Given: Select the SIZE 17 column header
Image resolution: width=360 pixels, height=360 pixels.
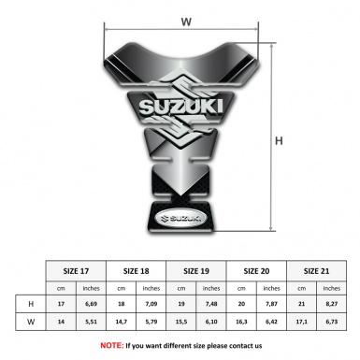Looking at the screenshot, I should [x=77, y=270].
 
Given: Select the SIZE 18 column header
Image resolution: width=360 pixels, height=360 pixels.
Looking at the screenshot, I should [x=137, y=270].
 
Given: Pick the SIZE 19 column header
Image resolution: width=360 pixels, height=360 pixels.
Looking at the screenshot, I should [x=198, y=270].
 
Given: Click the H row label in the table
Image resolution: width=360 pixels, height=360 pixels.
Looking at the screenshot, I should [x=32, y=305].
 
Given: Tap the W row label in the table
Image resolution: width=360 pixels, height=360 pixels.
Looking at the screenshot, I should [x=32, y=324].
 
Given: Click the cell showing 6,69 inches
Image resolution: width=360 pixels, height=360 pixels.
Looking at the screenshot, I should [x=92, y=305].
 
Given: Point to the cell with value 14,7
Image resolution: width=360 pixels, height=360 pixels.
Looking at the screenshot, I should [x=122, y=324].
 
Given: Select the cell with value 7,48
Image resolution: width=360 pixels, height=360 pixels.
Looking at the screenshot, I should [x=213, y=305].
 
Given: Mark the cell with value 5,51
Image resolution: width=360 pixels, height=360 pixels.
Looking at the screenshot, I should [x=92, y=324].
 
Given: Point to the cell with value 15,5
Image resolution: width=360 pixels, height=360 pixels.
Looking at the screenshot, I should [x=183, y=324].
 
